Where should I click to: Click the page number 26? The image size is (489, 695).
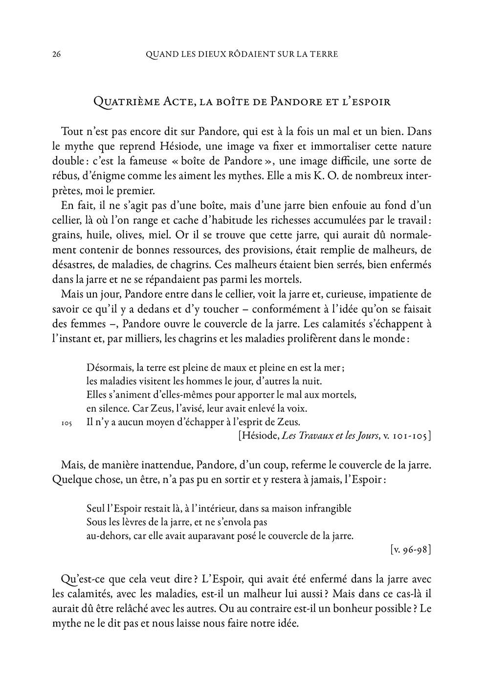[56, 54]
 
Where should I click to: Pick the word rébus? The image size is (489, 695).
[65, 175]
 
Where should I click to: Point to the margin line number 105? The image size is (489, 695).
[67, 422]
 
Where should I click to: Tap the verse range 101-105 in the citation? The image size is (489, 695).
[410, 435]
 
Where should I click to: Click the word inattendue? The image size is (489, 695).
[171, 464]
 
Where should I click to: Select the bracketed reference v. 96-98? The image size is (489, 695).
[411, 550]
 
